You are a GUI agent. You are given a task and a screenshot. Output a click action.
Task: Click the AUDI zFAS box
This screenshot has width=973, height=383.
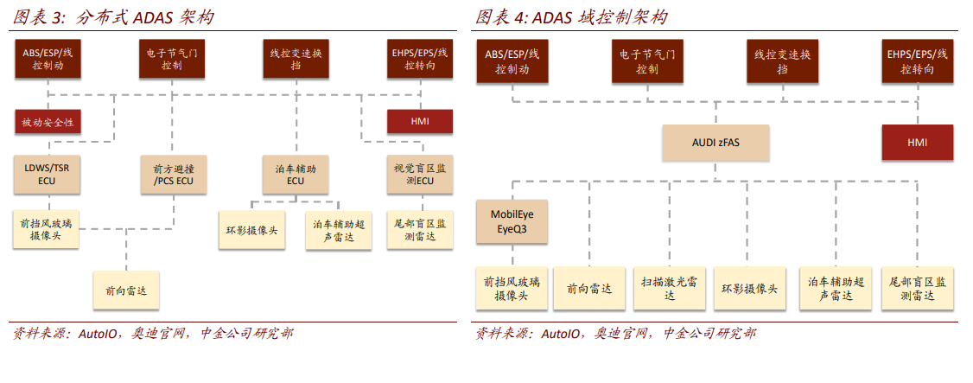tap(715, 143)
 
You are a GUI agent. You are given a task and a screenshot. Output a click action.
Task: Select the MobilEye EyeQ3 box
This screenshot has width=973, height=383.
tap(512, 221)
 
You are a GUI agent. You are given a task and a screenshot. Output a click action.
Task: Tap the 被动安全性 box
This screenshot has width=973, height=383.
tap(48, 122)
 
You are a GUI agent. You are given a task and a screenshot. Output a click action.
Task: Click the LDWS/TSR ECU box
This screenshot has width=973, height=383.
tap(48, 174)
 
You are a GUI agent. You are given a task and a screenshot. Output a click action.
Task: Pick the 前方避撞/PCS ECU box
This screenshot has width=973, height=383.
tap(172, 174)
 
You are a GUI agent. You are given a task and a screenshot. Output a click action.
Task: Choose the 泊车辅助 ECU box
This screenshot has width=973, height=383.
tap(296, 174)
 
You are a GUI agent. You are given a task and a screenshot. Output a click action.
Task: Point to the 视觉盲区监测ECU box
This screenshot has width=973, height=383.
tap(420, 174)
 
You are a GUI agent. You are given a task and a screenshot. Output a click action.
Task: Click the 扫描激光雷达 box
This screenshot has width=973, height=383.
tap(670, 289)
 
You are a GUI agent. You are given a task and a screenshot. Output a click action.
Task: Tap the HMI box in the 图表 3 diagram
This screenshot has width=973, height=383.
tap(420, 122)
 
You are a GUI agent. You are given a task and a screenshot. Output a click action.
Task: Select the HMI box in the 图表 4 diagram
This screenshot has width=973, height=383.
tap(917, 143)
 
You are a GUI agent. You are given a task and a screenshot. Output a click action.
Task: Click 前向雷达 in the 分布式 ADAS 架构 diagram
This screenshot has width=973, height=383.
tap(126, 290)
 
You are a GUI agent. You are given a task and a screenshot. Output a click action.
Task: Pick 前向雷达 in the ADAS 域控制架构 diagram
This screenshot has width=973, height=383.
tap(589, 289)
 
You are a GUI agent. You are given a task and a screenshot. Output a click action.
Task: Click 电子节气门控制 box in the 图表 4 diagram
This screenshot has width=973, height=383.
tap(647, 61)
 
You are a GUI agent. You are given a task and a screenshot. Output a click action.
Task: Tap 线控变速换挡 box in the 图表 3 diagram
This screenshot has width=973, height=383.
tap(296, 59)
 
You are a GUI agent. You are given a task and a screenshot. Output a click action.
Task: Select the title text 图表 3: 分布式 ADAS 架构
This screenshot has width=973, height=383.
tap(113, 17)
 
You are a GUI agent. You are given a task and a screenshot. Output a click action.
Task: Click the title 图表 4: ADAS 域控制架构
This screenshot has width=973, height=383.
tap(571, 17)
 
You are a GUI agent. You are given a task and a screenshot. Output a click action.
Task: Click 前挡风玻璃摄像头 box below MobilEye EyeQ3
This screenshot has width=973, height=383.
tap(512, 289)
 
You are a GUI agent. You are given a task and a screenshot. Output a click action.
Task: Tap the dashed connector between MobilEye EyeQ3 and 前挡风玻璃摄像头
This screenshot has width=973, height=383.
tap(512, 255)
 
